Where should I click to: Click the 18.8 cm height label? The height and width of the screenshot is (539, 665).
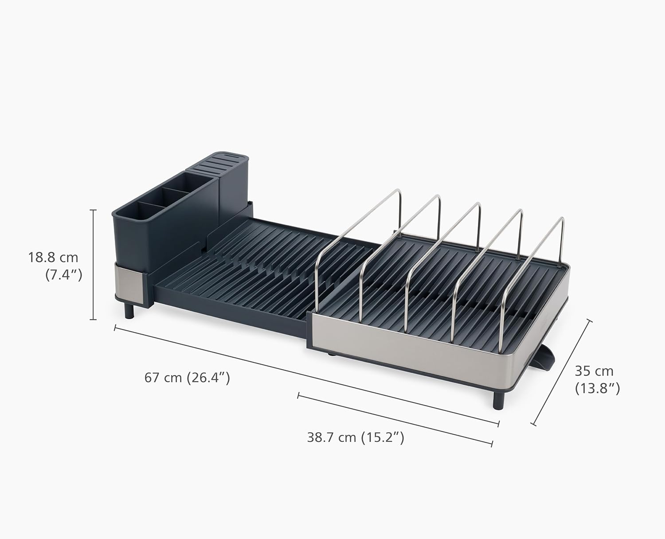pos(53,257)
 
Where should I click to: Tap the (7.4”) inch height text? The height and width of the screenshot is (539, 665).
pos(64,275)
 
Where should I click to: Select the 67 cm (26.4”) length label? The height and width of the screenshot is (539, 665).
pos(187,378)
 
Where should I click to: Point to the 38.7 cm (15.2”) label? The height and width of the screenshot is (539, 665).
pos(356,437)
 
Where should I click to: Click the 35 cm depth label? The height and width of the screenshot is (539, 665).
pos(594,371)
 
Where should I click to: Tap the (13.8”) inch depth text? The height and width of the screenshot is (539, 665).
pos(597,388)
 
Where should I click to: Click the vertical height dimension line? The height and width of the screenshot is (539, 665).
pos(93,265)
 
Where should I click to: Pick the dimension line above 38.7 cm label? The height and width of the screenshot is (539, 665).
pos(395,418)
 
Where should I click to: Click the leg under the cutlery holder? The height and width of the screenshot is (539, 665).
pos(129,310)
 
